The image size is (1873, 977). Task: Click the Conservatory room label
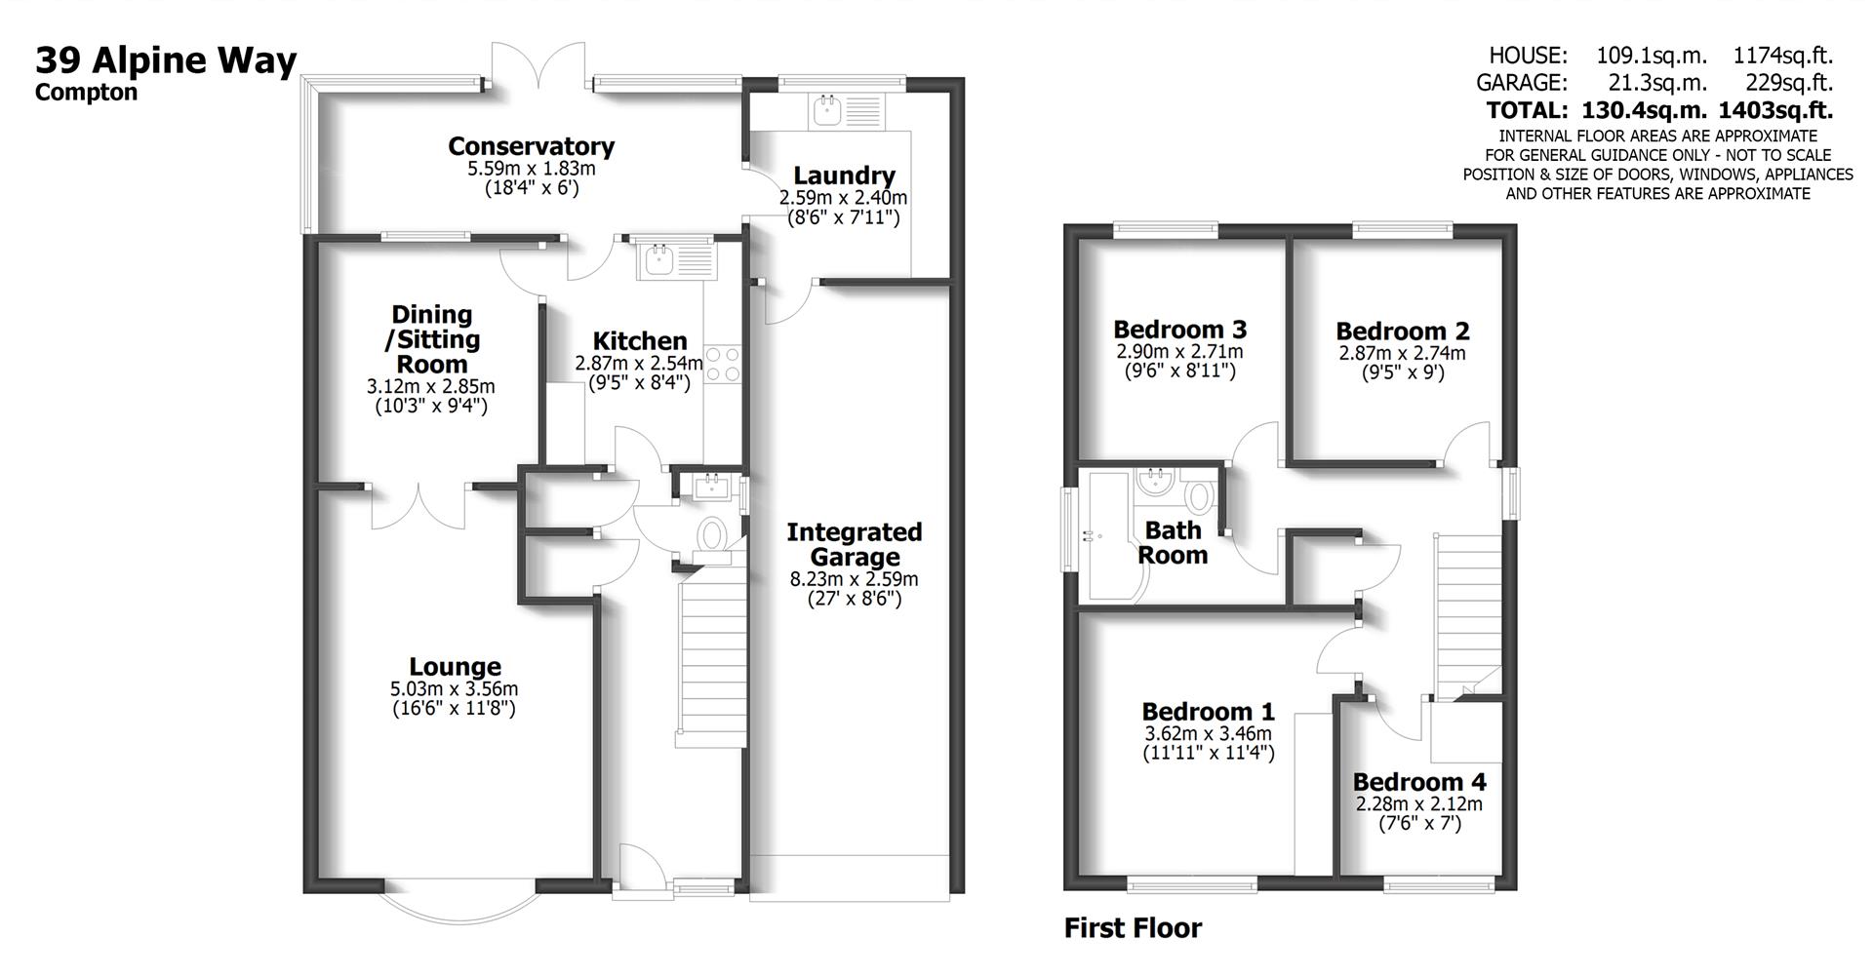coord(531,146)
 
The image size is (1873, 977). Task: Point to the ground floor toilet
coord(712,537)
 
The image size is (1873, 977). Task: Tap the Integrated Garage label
coord(854,544)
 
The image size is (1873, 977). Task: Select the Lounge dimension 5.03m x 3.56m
coord(454,688)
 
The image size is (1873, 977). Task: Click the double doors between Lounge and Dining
coord(419,504)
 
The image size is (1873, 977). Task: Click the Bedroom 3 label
coord(1179,329)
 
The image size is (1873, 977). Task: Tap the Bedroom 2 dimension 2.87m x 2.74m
coord(1401,353)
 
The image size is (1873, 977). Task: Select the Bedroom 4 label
coord(1418,782)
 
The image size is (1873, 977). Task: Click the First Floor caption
coord(1133,927)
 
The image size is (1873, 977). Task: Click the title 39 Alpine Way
coord(166,60)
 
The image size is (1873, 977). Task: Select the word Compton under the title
coord(86,93)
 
